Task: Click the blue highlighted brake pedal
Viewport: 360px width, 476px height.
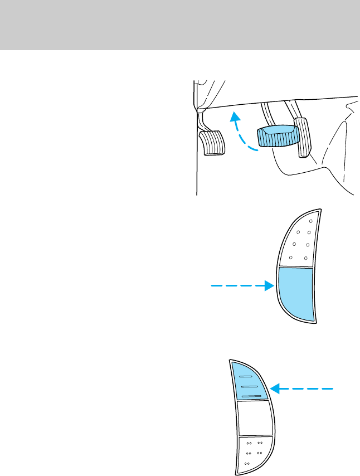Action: (276, 137)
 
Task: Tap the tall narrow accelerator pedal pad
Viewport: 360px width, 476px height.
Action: (302, 137)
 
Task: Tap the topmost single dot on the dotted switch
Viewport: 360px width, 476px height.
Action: (310, 221)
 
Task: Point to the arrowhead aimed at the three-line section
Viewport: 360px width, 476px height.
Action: (274, 389)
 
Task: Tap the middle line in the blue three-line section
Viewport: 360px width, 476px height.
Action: (249, 386)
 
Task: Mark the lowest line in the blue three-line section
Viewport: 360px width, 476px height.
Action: (252, 396)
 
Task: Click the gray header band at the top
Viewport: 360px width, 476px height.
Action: (180, 25)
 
